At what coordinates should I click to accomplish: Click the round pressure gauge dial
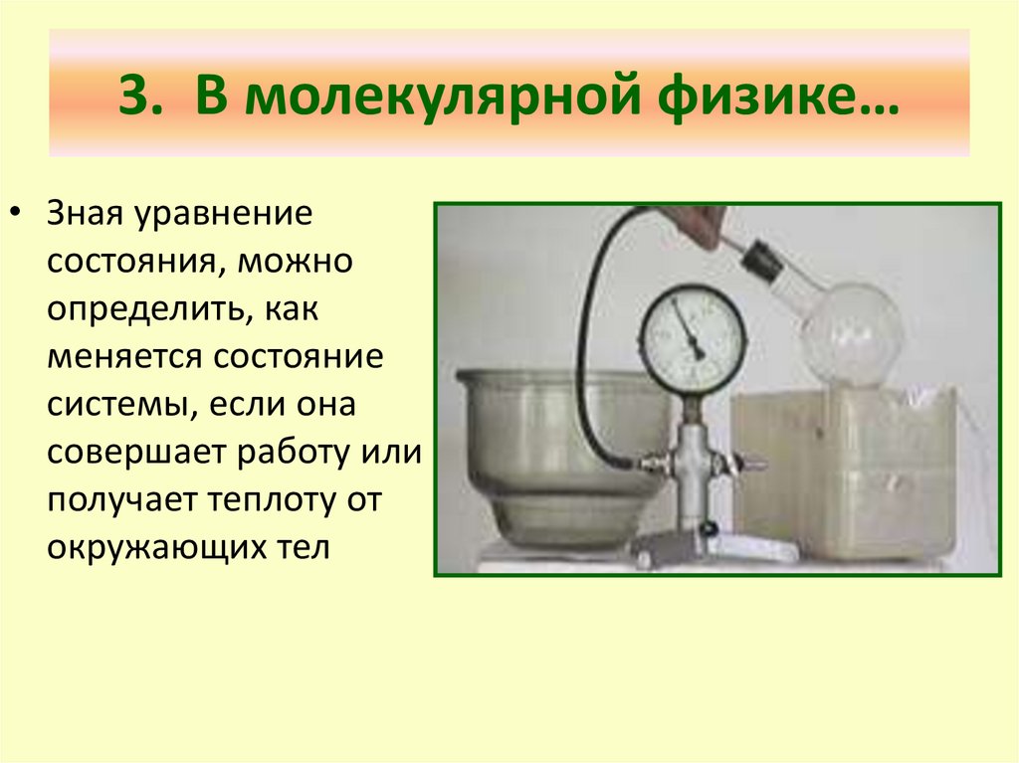pyautogui.click(x=691, y=338)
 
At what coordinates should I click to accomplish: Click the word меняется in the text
pyautogui.click(x=111, y=358)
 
